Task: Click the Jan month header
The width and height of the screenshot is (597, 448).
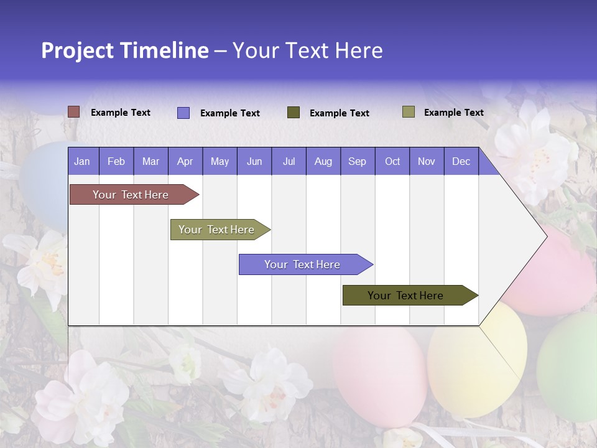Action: [x=82, y=161]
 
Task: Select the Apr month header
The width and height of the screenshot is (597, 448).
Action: [x=185, y=161]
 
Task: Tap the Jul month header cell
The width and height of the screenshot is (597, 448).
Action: [x=289, y=161]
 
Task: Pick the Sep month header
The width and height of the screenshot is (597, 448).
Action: [x=357, y=161]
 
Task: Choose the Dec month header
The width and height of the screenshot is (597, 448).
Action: [x=461, y=161]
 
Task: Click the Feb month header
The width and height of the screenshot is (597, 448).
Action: [x=116, y=161]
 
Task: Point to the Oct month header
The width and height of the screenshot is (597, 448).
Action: [x=392, y=161]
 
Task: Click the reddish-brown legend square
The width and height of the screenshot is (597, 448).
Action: [x=74, y=112]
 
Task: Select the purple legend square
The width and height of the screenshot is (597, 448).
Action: [x=183, y=113]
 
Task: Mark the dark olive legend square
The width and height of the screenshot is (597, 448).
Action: [x=294, y=113]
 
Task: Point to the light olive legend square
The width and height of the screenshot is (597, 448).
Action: [x=409, y=112]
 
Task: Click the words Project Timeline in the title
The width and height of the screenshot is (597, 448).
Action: [x=124, y=50]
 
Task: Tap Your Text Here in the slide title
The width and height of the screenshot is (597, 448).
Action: [x=307, y=50]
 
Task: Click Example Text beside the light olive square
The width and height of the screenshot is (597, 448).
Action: [x=453, y=113]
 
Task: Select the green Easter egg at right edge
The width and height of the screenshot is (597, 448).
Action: [x=569, y=367]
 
